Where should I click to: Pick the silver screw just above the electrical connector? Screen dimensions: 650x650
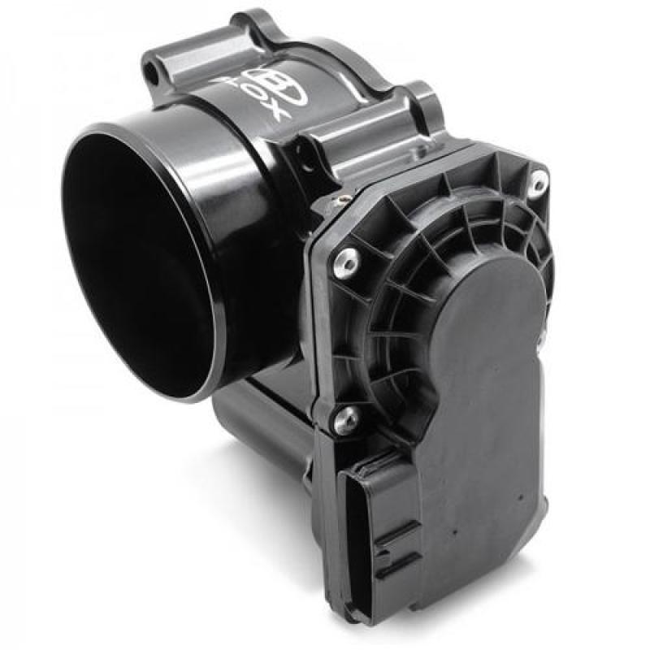tap(347, 419)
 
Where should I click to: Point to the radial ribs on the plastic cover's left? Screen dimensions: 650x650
tap(390, 309)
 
